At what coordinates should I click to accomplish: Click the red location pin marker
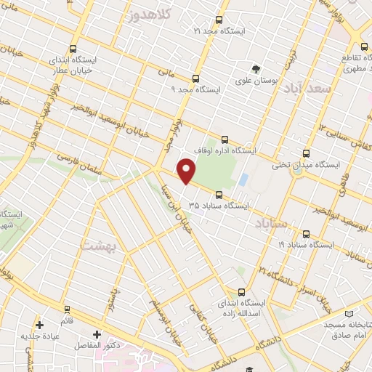[187, 171]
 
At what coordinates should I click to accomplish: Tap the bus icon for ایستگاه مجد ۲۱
[220, 20]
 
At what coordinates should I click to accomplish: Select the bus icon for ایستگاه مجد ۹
[195, 78]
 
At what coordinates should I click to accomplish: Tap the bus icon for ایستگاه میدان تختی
[306, 154]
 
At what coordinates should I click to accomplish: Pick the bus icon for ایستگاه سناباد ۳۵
[220, 194]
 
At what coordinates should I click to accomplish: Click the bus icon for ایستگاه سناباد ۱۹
[306, 234]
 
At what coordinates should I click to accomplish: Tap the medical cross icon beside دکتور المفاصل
[96, 335]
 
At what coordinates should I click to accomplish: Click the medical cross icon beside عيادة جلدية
[39, 324]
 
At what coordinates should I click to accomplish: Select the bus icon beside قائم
[67, 310]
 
